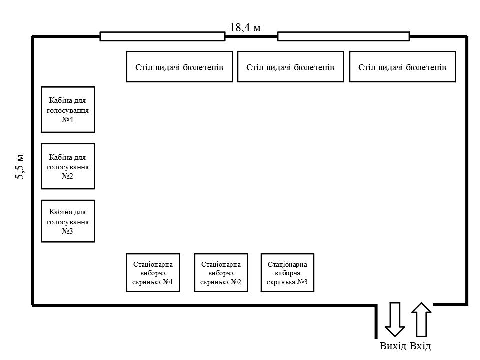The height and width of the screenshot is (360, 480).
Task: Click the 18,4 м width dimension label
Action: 245,27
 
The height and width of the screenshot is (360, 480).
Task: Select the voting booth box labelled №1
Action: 68,110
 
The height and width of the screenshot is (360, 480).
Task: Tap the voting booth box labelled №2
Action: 68,166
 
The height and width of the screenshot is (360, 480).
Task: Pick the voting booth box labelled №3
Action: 68,221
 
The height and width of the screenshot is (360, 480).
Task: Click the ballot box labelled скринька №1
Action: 153,273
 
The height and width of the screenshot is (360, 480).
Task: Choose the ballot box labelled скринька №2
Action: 221,273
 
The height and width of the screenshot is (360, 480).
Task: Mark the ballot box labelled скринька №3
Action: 288,273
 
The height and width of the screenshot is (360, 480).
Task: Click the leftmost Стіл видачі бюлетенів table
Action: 179,66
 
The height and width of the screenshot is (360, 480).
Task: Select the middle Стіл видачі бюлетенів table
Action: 290,66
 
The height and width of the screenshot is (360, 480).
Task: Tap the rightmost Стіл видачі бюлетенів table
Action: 402,66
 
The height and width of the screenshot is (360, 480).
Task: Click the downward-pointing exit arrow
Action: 395,319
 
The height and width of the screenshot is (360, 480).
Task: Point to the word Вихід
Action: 393,346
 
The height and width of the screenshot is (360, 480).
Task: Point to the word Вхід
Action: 420,346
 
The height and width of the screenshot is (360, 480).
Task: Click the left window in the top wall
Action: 162,36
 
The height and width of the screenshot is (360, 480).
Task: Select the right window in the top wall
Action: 343,36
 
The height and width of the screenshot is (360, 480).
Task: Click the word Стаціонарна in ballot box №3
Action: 288,264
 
